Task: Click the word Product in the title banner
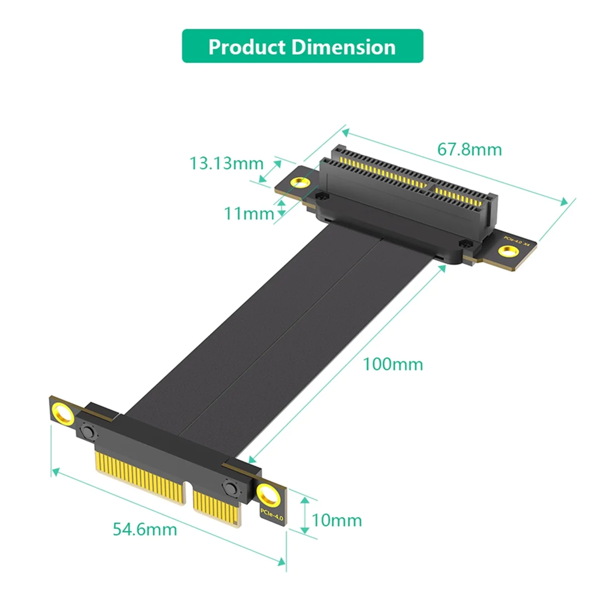[x=247, y=47]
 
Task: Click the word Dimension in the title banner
[x=344, y=47]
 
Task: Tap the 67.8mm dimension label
[x=469, y=150]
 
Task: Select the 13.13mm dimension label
[x=226, y=163]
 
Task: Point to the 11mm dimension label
[x=249, y=213]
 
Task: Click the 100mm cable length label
[x=393, y=364]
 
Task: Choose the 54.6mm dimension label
[x=145, y=529]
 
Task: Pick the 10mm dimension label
[x=337, y=520]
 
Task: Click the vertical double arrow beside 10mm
[x=305, y=514]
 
